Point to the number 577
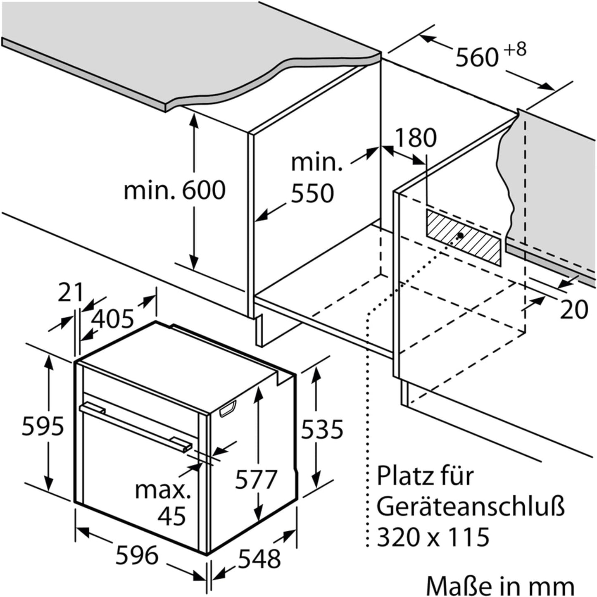tap(255, 479)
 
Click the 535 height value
tap(322, 429)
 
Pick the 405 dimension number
tap(113, 319)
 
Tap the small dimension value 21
tap(71, 292)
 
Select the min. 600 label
tap(175, 190)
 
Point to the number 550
tap(312, 194)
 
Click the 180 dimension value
tap(416, 138)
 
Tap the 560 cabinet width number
tap(477, 57)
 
